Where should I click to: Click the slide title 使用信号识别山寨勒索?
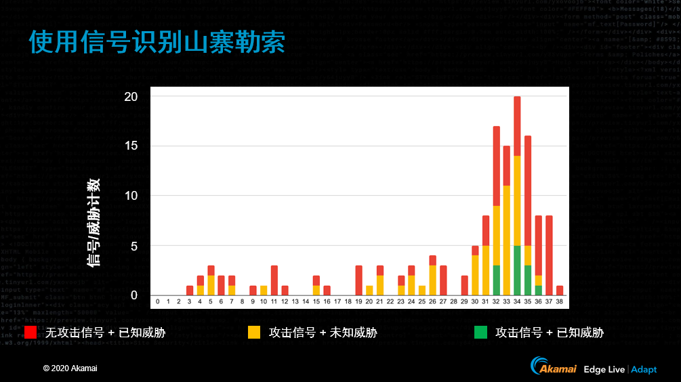pos(157,41)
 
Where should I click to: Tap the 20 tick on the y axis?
pos(131,97)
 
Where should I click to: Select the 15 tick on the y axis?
pos(131,146)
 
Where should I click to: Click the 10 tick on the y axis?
pos(131,196)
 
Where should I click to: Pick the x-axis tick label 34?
pos(517,301)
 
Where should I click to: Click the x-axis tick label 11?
pos(274,301)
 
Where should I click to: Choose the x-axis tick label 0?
pos(158,301)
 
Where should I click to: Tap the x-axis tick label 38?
pos(560,301)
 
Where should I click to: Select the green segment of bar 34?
pos(517,270)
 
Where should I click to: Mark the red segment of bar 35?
pos(528,190)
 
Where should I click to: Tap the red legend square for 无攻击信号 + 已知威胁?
pos(30,333)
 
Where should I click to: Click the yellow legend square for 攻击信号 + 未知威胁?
pos(254,333)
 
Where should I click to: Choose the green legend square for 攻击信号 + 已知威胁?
pos(480,333)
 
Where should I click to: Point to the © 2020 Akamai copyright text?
pos(70,368)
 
